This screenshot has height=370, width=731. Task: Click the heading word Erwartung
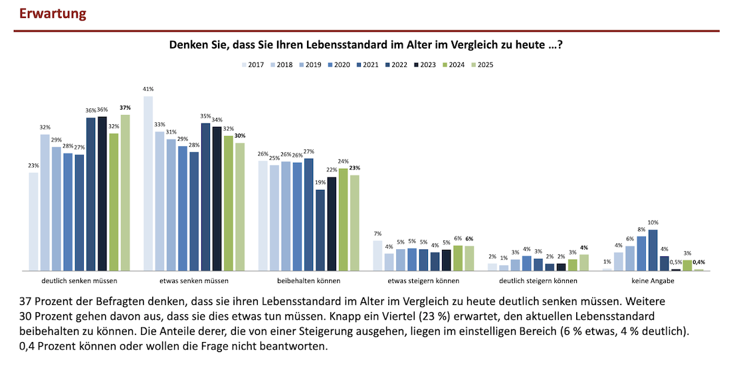[52, 13]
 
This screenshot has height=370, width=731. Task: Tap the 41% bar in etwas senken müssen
[148, 183]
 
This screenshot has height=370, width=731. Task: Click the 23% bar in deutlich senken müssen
[33, 221]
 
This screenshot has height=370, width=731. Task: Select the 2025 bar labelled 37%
[125, 193]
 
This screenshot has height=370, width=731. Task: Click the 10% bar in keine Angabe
[653, 250]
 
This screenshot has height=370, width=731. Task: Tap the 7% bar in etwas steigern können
[377, 256]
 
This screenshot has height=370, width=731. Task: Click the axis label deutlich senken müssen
[79, 280]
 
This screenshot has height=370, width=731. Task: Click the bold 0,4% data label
[698, 262]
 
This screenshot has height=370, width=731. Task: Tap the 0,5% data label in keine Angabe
[676, 262]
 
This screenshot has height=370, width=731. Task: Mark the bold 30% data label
[240, 136]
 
